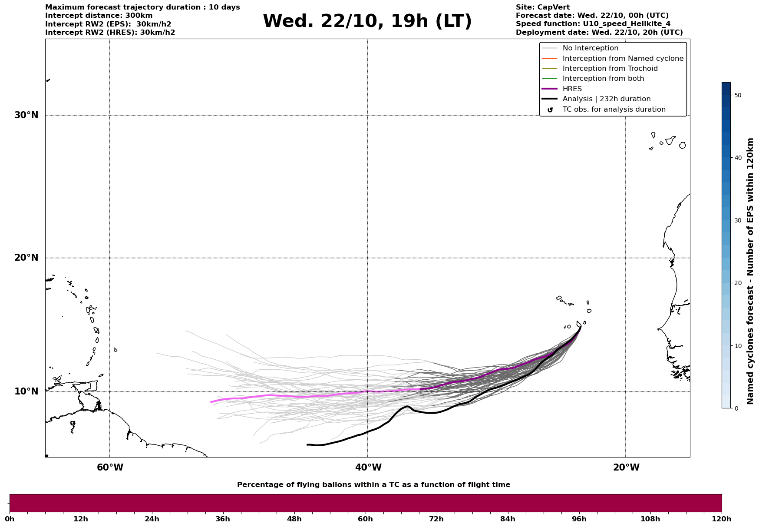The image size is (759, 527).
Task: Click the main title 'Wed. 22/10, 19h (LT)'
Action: [367, 21]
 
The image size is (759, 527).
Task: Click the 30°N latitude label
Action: [26, 115]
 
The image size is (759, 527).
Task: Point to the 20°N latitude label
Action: [26, 258]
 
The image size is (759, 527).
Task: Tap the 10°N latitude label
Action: [26, 391]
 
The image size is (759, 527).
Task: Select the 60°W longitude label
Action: [110, 467]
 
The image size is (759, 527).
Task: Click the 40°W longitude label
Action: [368, 467]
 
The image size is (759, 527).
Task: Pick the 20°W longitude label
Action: [626, 467]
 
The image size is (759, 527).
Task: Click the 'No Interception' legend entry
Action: [590, 48]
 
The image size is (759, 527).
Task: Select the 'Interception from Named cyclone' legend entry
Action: [623, 59]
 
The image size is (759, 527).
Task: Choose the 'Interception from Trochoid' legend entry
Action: [610, 69]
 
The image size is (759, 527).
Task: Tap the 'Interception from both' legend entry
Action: [603, 79]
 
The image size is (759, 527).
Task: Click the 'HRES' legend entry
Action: [572, 89]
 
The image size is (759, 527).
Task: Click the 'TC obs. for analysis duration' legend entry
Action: [614, 109]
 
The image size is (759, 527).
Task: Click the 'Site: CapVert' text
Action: [542, 7]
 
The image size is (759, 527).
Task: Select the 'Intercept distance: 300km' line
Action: [99, 16]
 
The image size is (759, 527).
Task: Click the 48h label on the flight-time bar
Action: [294, 519]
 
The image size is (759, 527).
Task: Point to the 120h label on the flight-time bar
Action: [721, 519]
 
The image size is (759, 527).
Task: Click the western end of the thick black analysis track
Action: [307, 444]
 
